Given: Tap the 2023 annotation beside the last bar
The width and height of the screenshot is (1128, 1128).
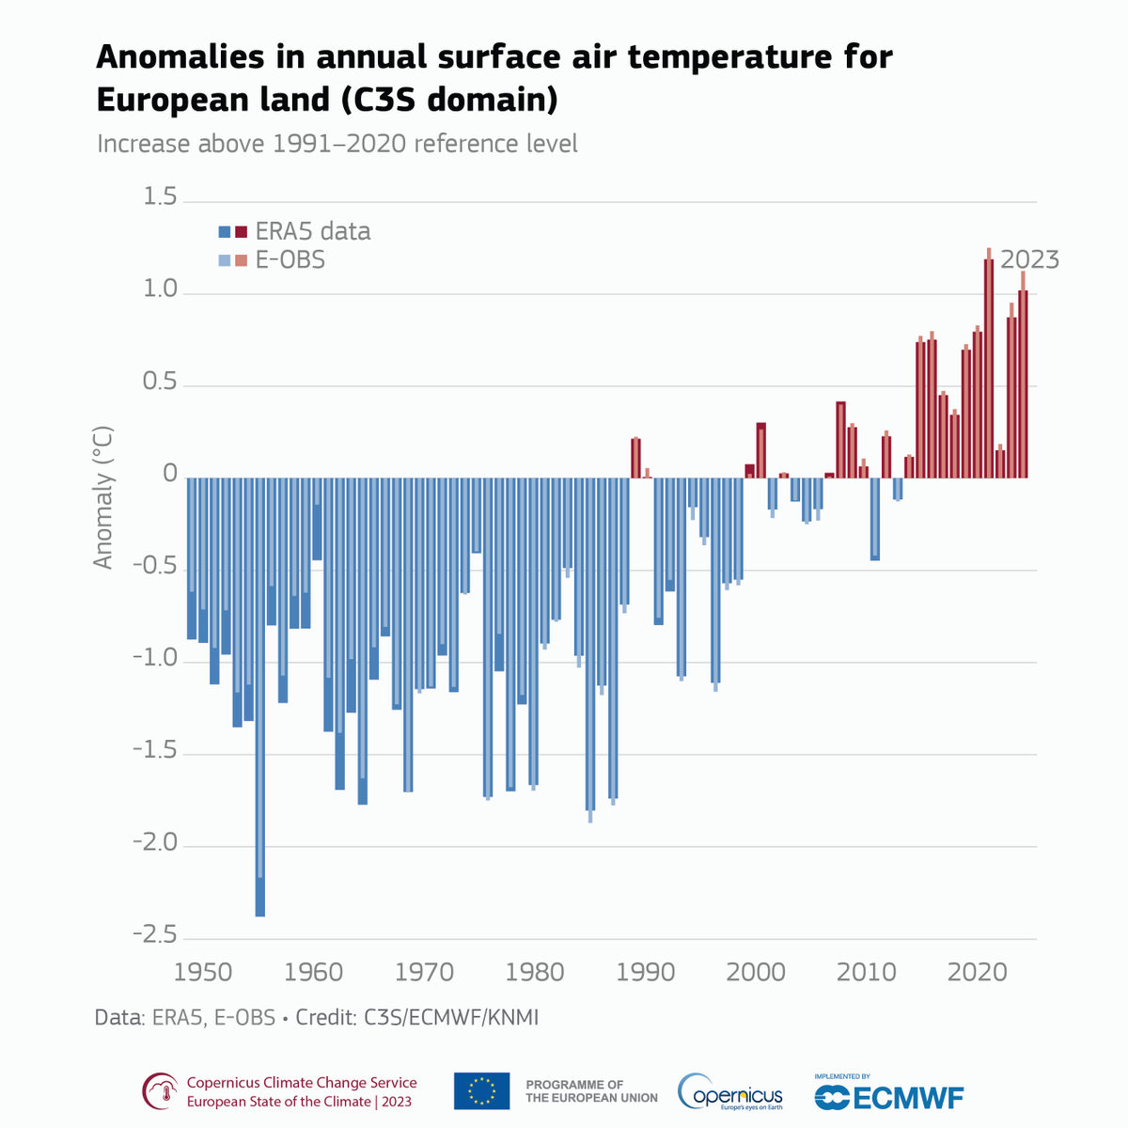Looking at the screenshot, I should [1029, 259].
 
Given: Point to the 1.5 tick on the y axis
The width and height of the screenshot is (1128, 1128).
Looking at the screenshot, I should [159, 197].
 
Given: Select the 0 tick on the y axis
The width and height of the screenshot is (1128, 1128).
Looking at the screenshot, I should [169, 474].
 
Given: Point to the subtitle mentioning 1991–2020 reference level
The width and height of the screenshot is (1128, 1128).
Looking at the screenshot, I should [337, 144].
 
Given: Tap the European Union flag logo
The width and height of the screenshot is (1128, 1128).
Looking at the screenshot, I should [481, 1091].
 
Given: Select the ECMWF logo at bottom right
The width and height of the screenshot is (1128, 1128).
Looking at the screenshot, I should [888, 1094].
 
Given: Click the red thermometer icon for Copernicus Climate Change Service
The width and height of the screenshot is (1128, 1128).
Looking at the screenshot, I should [160, 1092].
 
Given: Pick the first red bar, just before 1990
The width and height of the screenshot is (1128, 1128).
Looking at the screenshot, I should [635, 458].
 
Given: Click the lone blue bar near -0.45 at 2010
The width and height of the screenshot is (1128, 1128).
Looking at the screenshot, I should [875, 519].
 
